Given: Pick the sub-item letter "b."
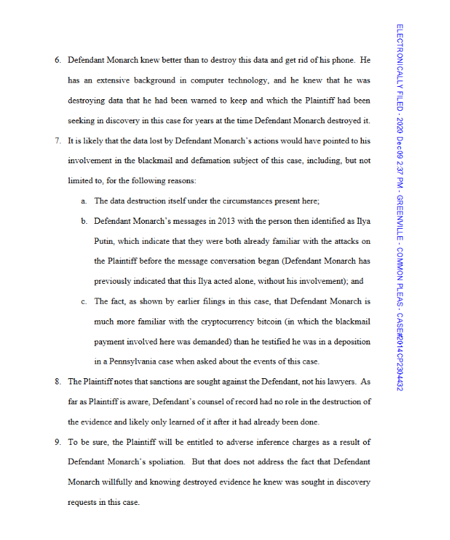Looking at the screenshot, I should (x=83, y=221).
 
